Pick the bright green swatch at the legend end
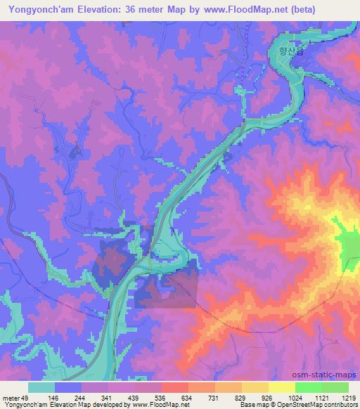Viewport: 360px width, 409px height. (335, 387)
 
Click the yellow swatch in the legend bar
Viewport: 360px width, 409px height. (282, 387)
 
